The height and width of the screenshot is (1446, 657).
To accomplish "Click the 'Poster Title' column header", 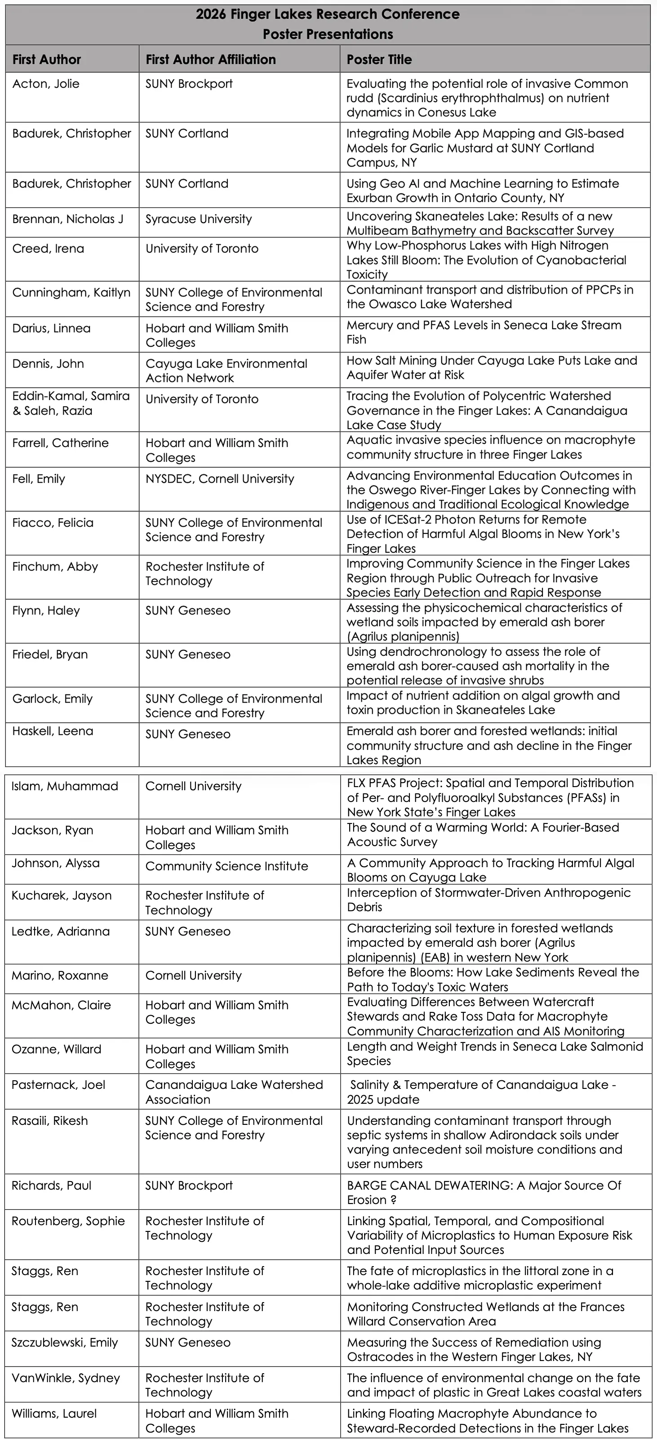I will click(x=379, y=59).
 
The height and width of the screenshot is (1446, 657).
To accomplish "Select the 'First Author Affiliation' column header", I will click(x=210, y=59).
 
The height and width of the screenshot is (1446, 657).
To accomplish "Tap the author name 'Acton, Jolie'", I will click(x=46, y=84).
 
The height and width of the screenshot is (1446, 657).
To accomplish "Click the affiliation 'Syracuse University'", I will click(x=199, y=219).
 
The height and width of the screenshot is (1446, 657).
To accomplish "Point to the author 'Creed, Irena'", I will click(x=48, y=249).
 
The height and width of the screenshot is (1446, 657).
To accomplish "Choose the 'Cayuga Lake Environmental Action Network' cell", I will click(x=226, y=371).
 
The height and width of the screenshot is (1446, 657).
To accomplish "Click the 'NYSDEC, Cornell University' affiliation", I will click(x=219, y=479).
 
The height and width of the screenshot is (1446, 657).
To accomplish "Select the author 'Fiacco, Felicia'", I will click(x=53, y=523).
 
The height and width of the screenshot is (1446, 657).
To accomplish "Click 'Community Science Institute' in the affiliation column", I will click(x=226, y=866).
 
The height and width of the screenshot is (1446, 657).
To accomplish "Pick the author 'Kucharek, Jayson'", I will click(x=62, y=895).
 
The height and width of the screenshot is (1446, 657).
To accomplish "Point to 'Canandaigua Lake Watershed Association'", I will click(x=234, y=1092).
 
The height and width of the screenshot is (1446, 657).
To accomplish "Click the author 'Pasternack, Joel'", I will click(x=58, y=1084).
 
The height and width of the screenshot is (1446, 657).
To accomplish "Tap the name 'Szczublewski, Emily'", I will click(x=65, y=1342).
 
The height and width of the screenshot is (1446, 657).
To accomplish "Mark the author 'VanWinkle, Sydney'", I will click(x=66, y=1378).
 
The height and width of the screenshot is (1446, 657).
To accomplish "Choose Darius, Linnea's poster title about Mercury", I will click(x=484, y=332).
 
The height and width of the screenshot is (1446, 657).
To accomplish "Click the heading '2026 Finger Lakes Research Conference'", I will click(x=328, y=14).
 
